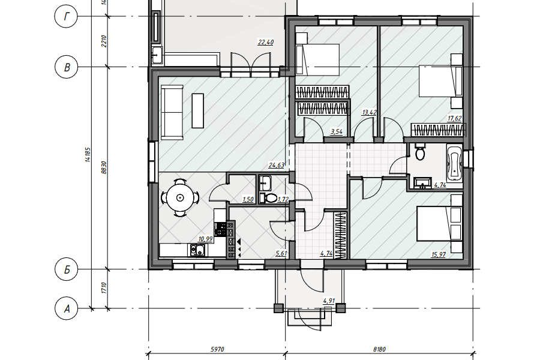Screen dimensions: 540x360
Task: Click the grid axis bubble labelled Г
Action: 66,16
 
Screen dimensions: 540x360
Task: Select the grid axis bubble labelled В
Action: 66,67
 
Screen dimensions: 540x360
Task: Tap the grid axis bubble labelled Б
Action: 66,269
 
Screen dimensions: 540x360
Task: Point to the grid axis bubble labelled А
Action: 66,308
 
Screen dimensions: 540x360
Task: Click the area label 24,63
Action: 276,166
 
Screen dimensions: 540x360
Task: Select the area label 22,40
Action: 266,43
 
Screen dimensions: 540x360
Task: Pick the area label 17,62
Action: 454,119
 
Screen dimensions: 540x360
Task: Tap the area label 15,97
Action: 439,254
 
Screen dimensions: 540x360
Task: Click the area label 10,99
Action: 205,239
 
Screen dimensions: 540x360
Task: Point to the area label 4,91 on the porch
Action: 329,301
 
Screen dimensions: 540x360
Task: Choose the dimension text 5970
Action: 217,349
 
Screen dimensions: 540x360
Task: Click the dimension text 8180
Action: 379,349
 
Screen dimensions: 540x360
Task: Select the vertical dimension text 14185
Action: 88,155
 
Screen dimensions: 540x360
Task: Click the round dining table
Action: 180,198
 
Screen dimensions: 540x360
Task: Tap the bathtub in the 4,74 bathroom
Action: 454,163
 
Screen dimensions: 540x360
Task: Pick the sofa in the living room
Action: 172,112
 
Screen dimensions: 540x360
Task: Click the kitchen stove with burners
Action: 220,229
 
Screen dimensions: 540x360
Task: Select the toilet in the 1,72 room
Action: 269,198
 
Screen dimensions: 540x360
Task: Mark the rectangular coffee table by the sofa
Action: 197,110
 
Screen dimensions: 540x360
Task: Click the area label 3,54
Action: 336,131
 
